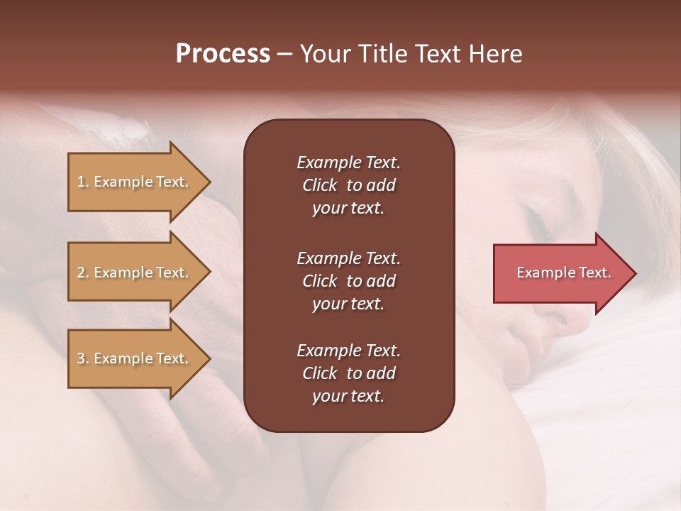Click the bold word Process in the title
[223, 54]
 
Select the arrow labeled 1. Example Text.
[135, 182]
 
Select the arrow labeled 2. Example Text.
[135, 273]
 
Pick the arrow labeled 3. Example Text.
[135, 358]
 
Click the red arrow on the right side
[560, 273]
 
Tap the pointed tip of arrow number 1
[209, 182]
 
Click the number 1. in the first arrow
[82, 182]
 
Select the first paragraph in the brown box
[348, 185]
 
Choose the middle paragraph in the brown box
[348, 280]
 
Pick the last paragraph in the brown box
[348, 373]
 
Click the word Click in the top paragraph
[320, 185]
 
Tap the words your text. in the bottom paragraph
[348, 397]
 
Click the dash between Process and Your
[284, 54]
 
